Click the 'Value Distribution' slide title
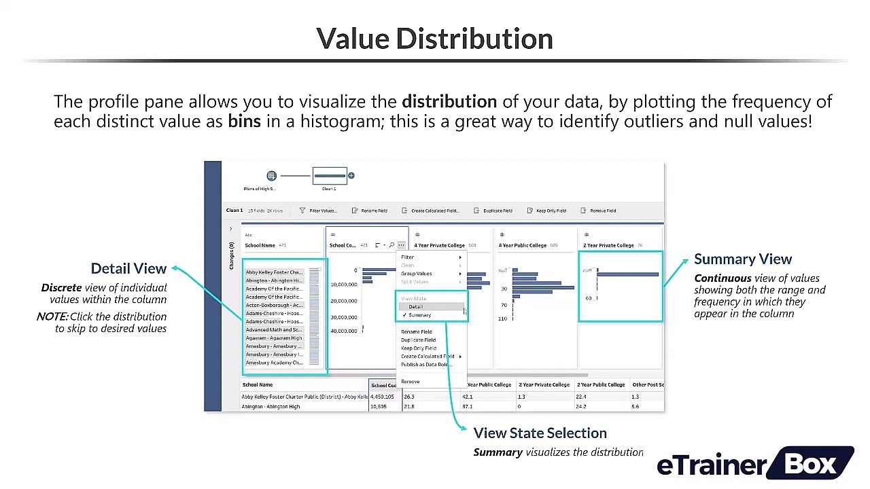[434, 39]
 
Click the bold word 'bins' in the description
[244, 122]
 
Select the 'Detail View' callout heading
[128, 268]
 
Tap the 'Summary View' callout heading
[743, 259]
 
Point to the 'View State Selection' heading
[540, 433]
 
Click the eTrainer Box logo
[754, 465]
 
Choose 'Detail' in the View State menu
[416, 307]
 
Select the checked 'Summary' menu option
[419, 315]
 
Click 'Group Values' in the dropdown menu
[417, 274]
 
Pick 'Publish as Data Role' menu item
[426, 365]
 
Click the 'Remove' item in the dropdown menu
[411, 382]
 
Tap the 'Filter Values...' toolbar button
[319, 211]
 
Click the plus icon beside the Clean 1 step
[351, 176]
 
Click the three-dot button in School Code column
[402, 245]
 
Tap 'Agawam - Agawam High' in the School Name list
[274, 338]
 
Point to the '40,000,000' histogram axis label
[343, 331]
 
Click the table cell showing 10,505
[379, 406]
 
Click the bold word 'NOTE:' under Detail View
[52, 316]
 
